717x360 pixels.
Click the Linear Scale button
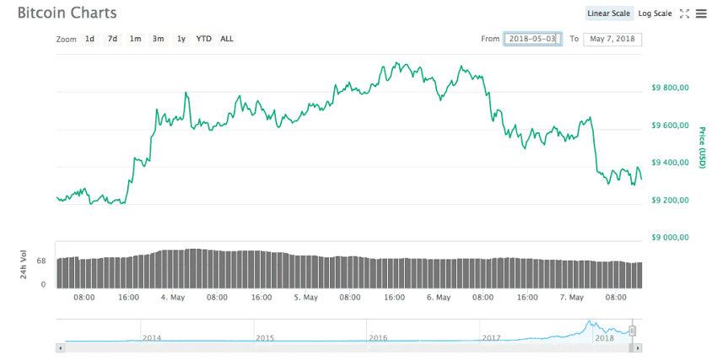click(x=609, y=13)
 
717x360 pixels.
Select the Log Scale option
click(x=655, y=13)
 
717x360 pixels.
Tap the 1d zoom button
click(x=89, y=39)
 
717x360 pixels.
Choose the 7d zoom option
click(x=112, y=39)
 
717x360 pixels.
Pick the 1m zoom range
click(x=135, y=39)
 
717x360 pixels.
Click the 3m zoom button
click(x=158, y=39)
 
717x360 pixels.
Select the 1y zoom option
click(x=181, y=39)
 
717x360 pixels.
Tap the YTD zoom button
click(x=203, y=39)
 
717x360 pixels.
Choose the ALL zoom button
click(x=227, y=39)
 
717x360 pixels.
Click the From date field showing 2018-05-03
click(x=532, y=39)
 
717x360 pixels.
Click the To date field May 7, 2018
click(x=612, y=39)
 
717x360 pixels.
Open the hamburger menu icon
click(x=701, y=13)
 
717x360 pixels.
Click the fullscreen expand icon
click(x=684, y=13)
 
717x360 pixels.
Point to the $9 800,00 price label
click(x=671, y=88)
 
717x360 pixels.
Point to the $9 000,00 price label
click(x=671, y=238)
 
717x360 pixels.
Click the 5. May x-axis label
click(x=305, y=297)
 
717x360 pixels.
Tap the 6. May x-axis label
click(x=438, y=297)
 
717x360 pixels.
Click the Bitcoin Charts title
click(x=67, y=13)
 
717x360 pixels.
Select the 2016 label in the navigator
click(x=378, y=337)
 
